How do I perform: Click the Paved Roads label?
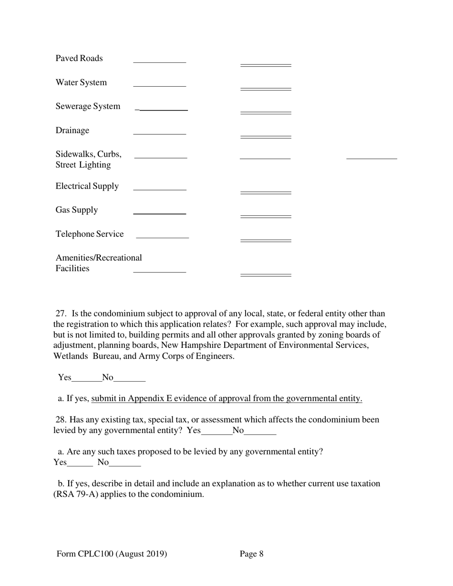pos(79,59)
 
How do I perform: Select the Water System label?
pos(81,82)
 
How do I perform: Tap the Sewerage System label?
pos(88,106)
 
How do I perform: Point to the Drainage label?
pos(72,131)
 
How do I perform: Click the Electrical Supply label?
pos(87,186)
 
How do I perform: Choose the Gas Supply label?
pos(77,210)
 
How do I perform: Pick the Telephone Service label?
pos(90,234)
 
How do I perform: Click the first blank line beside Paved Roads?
pos(159,61)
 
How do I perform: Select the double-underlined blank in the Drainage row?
pos(266,137)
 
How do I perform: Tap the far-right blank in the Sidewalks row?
pos(371,158)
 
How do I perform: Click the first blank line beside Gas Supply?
pos(159,213)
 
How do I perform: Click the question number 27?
pos(61,313)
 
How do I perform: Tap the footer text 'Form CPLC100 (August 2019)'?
pos(112,554)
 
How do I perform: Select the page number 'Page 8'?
pos(251,554)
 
